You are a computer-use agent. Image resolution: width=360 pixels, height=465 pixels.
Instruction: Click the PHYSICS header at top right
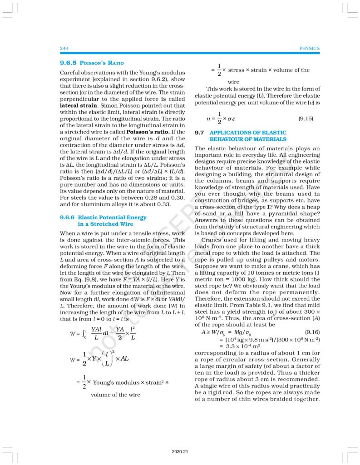coord(310,48)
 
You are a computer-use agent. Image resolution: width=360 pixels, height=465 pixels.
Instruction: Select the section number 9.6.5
coord(69,63)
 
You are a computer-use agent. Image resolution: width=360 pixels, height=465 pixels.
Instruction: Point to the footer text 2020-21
coord(180,452)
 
